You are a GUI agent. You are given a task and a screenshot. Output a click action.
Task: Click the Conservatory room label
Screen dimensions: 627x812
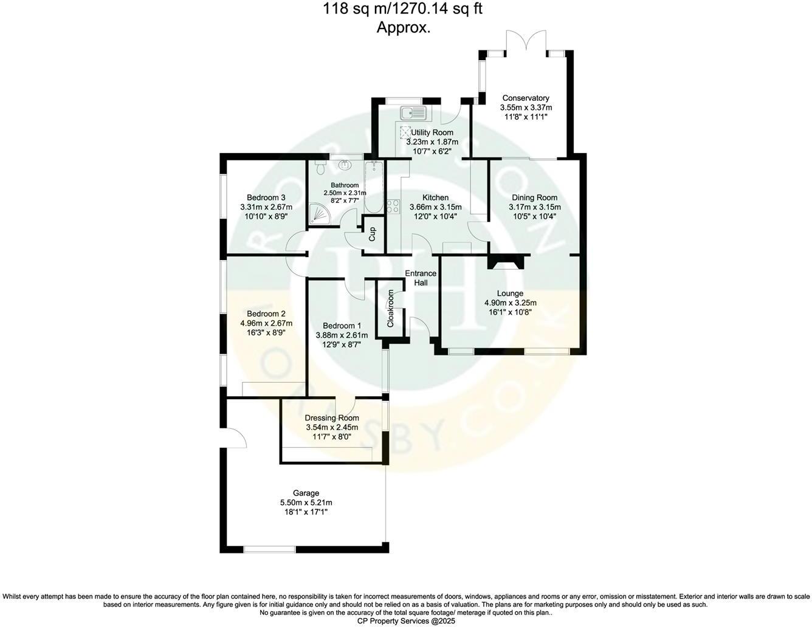click(526, 98)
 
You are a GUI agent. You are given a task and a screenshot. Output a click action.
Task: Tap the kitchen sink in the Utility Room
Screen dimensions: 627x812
click(415, 112)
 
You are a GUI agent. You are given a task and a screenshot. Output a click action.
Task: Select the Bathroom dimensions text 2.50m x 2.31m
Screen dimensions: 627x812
click(345, 193)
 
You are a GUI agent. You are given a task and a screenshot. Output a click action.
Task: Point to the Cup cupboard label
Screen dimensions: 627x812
click(373, 234)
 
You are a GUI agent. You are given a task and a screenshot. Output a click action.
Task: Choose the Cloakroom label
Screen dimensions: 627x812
click(391, 308)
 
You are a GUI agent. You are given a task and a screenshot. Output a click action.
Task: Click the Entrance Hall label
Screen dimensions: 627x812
click(421, 278)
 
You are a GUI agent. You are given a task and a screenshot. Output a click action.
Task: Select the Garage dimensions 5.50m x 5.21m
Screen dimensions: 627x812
click(306, 502)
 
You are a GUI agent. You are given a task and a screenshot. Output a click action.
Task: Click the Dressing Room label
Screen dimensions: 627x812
click(331, 418)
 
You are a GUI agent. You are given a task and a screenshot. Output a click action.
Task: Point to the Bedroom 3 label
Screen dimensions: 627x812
click(266, 197)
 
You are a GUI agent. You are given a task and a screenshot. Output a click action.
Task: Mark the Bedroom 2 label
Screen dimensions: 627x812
click(266, 314)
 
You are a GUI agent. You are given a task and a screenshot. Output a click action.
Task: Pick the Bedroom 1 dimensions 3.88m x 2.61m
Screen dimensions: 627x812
click(342, 335)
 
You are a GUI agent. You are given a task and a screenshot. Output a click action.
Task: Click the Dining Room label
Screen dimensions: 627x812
click(534, 197)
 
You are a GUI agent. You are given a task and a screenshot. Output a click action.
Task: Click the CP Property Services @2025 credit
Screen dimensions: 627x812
click(406, 621)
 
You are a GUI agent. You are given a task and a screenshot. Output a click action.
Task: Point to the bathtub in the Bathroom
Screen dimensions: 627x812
click(373, 187)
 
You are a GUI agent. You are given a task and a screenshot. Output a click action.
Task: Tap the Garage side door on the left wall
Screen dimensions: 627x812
click(236, 436)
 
